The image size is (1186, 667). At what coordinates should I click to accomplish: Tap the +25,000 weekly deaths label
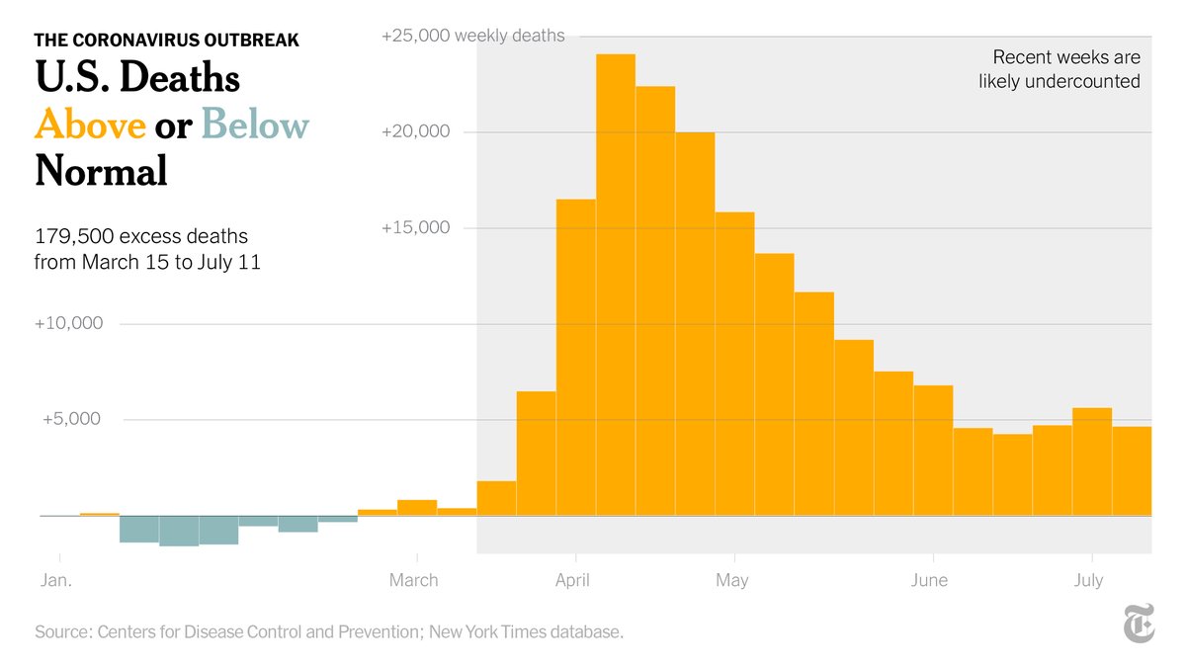coord(473,36)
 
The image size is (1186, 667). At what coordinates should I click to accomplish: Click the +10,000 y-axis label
coord(68,323)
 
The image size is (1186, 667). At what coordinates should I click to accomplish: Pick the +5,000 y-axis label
coord(72,419)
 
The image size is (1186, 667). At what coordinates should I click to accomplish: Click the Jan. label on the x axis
coord(56,580)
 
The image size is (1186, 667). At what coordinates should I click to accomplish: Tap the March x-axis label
coord(413,580)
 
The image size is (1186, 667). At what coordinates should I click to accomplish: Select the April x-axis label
coord(572,580)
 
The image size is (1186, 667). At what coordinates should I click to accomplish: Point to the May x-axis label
coord(731,580)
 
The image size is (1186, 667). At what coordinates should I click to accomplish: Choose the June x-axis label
coord(930,580)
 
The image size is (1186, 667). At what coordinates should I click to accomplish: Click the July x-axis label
coord(1088,580)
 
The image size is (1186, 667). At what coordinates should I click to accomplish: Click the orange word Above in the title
coord(90,125)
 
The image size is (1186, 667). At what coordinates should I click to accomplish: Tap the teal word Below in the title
coord(255,125)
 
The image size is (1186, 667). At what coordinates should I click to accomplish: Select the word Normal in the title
coord(101,172)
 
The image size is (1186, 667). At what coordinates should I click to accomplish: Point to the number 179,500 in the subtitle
coord(71,237)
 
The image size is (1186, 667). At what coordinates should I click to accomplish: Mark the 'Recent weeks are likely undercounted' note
coord(1059,69)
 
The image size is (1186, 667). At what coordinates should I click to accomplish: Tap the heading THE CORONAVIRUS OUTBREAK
coord(166,41)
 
